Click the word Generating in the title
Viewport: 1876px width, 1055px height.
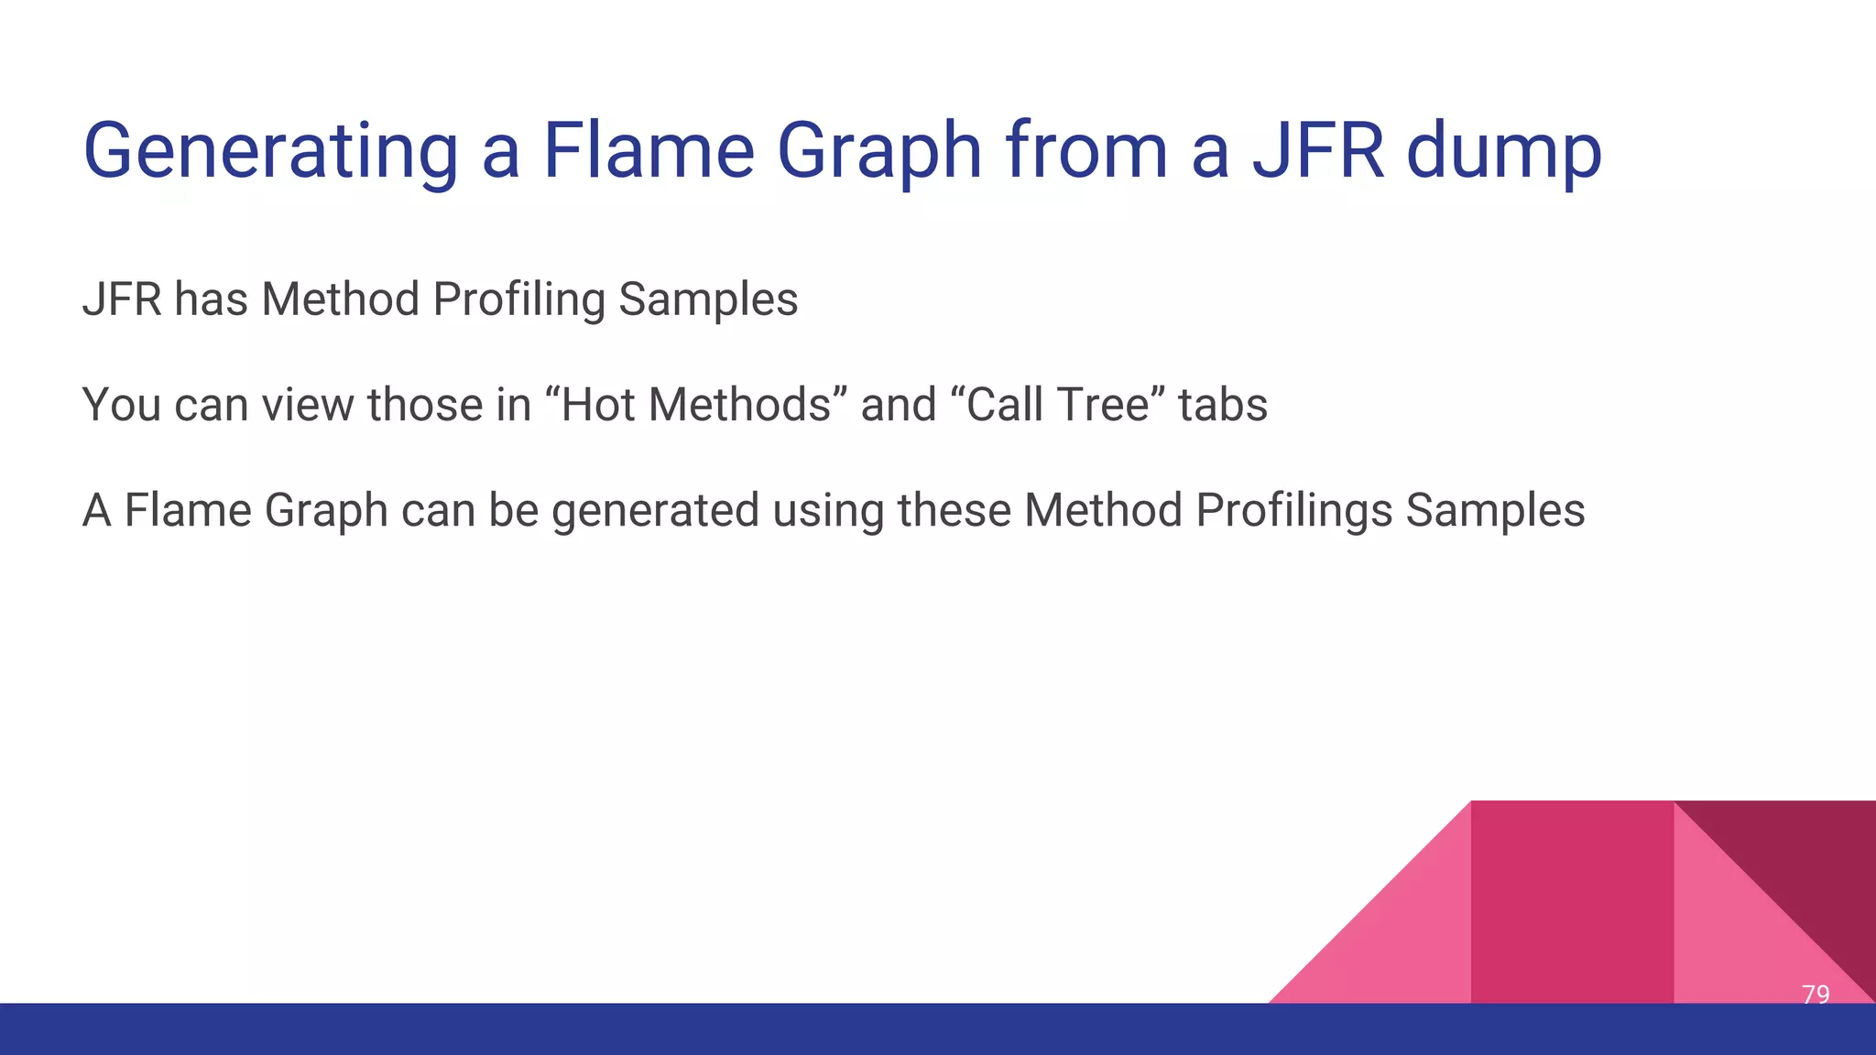pyautogui.click(x=270, y=151)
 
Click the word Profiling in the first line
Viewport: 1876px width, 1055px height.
pyautogui.click(x=518, y=299)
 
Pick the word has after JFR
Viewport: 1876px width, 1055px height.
pyautogui.click(x=211, y=299)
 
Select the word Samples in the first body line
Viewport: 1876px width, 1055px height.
pyautogui.click(x=708, y=299)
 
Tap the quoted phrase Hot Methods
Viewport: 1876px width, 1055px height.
pyautogui.click(x=695, y=405)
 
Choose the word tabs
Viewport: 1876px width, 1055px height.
pyautogui.click(x=1222, y=405)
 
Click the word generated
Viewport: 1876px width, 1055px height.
pyautogui.click(x=655, y=510)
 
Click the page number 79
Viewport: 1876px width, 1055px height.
pyautogui.click(x=1815, y=994)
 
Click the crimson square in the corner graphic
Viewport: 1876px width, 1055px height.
pyautogui.click(x=1572, y=902)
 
